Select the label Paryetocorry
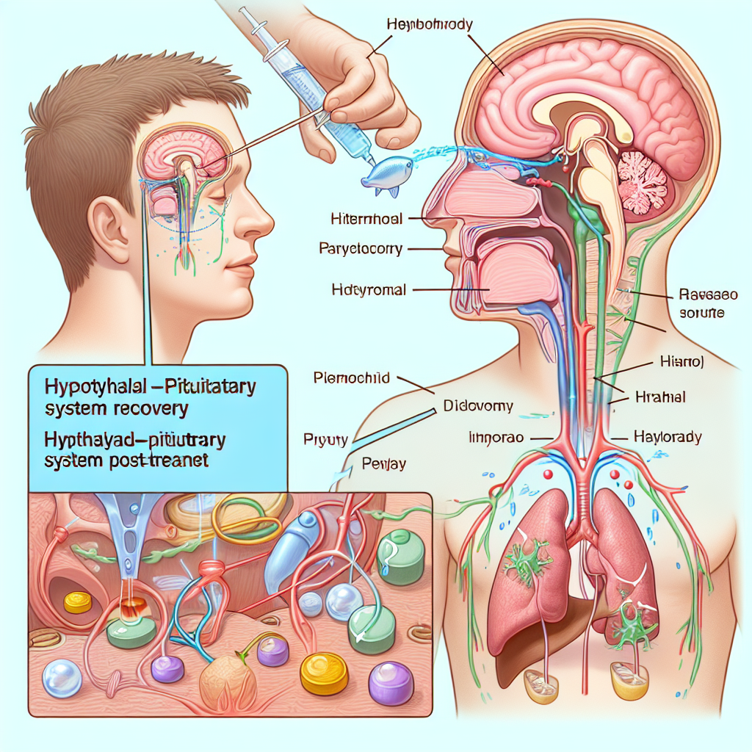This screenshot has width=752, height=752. (361, 249)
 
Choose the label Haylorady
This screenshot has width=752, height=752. (667, 437)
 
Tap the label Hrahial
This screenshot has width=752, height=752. (659, 397)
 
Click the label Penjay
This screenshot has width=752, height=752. (385, 463)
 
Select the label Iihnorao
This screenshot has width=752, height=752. (496, 438)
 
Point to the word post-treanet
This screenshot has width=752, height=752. (161, 464)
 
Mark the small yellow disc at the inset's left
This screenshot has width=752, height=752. (78, 602)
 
